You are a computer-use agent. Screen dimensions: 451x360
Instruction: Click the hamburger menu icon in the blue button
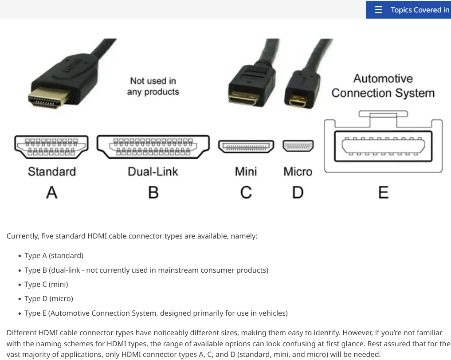pyautogui.click(x=378, y=10)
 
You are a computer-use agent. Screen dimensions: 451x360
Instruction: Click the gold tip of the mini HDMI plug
pyautogui.click(x=243, y=98)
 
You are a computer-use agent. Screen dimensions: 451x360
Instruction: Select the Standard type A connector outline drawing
pyautogui.click(x=51, y=147)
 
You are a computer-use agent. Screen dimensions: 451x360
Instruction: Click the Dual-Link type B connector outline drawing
pyautogui.click(x=153, y=147)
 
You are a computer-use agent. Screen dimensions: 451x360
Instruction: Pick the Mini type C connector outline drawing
pyautogui.click(x=246, y=146)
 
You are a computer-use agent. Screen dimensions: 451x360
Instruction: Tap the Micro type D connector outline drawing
pyautogui.click(x=298, y=146)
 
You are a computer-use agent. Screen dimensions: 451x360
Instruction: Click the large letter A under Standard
pyautogui.click(x=52, y=192)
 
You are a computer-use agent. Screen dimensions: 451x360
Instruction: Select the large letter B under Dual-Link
pyautogui.click(x=153, y=192)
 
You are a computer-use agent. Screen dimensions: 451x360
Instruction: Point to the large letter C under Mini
pyautogui.click(x=246, y=192)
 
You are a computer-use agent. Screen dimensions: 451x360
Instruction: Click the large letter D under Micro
pyautogui.click(x=298, y=192)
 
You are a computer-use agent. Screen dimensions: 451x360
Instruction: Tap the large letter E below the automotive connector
pyautogui.click(x=384, y=192)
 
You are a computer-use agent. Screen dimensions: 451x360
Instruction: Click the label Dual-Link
pyautogui.click(x=153, y=172)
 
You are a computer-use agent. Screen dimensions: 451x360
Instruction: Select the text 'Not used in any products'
pyautogui.click(x=153, y=86)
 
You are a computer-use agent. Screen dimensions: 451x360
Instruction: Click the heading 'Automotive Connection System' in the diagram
pyautogui.click(x=383, y=86)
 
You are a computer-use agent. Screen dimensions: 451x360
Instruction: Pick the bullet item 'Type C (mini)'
pyautogui.click(x=46, y=284)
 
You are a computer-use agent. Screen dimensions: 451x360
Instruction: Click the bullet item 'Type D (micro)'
pyautogui.click(x=49, y=299)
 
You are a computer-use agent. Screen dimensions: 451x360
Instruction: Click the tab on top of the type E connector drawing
pyautogui.click(x=383, y=114)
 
